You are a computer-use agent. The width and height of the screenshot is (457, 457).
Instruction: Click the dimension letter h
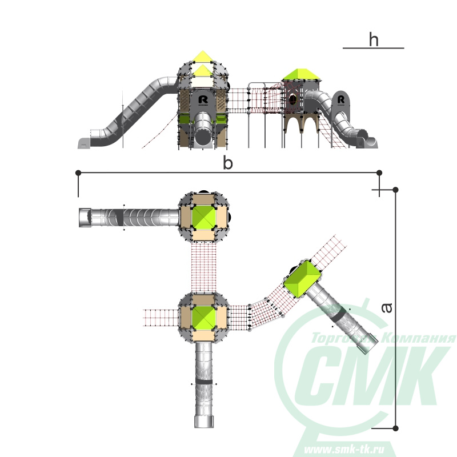[x=374, y=39]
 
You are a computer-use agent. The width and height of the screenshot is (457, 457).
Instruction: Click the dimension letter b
[x=227, y=163]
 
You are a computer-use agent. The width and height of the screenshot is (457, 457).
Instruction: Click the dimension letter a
[x=387, y=308]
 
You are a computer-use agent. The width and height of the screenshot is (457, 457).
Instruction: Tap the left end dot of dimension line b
[x=78, y=173]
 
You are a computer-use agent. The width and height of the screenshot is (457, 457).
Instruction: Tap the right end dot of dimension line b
[x=379, y=173]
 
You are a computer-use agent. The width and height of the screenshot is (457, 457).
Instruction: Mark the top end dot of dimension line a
[x=395, y=190]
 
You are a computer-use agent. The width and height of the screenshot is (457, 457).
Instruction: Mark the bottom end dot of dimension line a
[x=395, y=428]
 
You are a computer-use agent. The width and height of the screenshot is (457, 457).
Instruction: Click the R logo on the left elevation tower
[x=203, y=100]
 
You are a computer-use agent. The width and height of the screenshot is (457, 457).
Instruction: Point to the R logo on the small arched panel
[x=340, y=100]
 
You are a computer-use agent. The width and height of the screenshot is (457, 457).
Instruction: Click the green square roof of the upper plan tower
[x=203, y=217]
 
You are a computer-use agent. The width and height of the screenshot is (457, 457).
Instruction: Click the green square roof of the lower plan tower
[x=203, y=318]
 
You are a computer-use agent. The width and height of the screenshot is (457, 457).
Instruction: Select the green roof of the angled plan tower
[x=303, y=279]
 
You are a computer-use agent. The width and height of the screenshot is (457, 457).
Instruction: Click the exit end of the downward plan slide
[x=204, y=422]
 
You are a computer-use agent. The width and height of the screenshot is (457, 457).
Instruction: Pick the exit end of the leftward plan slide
[x=85, y=218]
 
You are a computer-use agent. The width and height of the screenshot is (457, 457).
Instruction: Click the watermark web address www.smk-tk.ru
[x=344, y=449]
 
